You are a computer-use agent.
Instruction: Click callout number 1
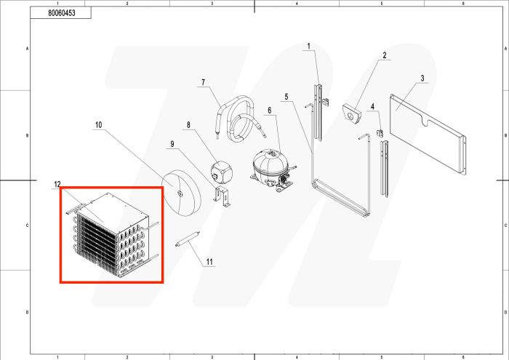pos(308,47)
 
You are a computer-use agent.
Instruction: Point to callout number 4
pos(286,97)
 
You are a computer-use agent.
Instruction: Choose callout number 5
pos(269,111)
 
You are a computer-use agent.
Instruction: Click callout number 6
pos(204,81)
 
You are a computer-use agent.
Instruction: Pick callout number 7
pos(188,125)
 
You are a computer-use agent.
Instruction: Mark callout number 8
pos(172,144)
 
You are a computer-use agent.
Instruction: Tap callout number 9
pos(99,125)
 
